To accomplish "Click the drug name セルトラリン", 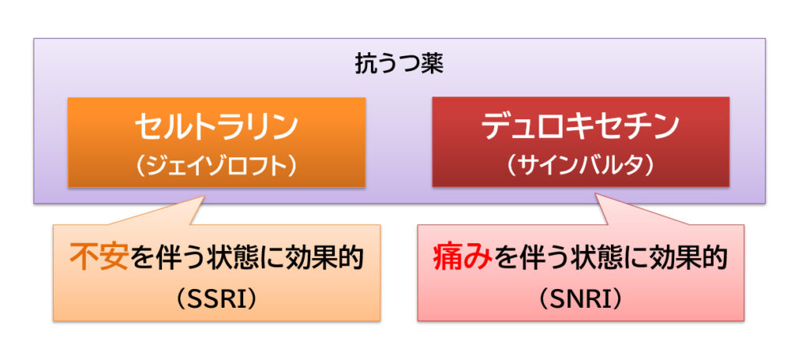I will pos(216,127).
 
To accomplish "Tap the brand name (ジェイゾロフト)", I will pos(216,166).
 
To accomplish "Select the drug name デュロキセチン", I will pos(581,127).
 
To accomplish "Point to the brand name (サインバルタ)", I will pos(581,166).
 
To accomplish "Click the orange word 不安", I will pos(98,258).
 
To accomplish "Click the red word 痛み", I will pos(463,258).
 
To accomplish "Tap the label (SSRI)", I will pos(217,297).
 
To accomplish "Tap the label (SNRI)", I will pos(581,297).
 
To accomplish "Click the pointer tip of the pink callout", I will pos(598,197).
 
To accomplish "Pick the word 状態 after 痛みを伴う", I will pos(606,258).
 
